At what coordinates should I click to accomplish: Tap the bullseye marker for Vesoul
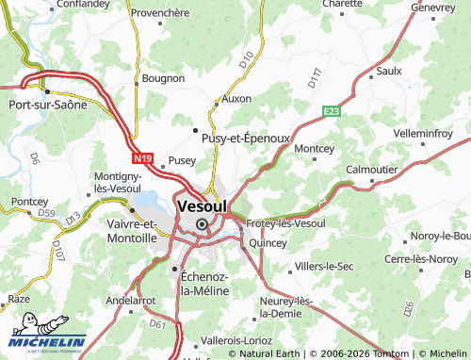coord(202,223)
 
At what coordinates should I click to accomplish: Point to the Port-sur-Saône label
coord(48,105)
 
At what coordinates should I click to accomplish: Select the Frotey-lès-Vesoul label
coord(285,223)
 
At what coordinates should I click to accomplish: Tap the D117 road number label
coord(316,77)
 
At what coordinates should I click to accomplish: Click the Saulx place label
coord(388,71)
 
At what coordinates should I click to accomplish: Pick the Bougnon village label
coord(163,78)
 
